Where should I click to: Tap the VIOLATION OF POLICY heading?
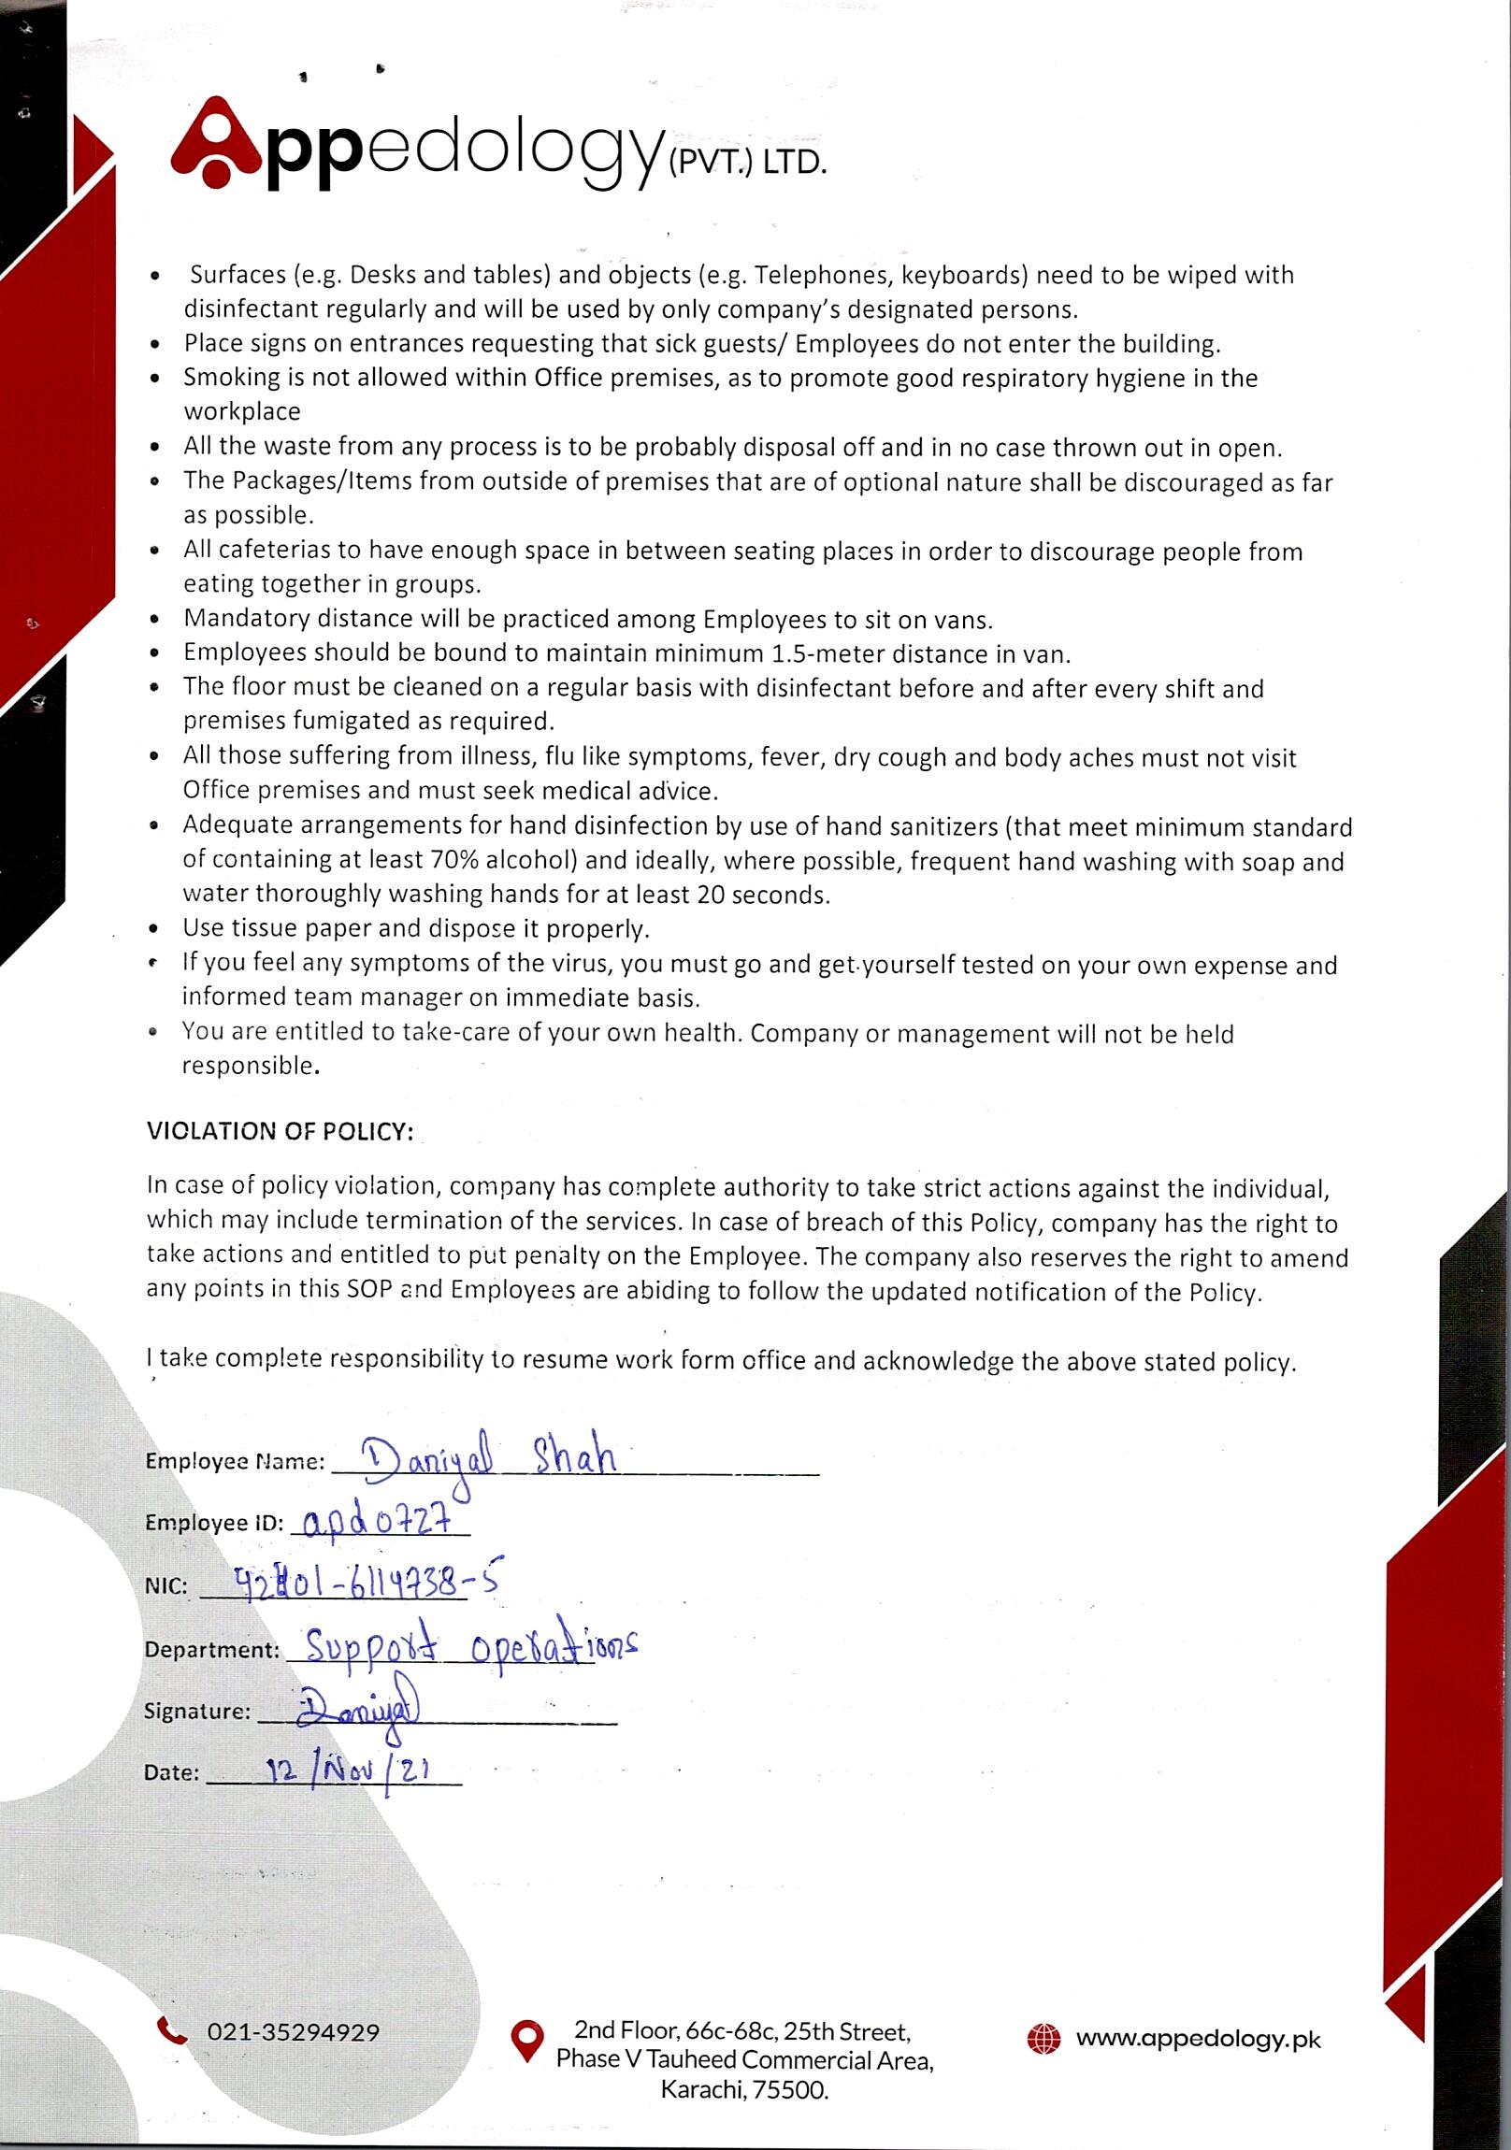click(280, 1131)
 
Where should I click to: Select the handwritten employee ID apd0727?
click(380, 1521)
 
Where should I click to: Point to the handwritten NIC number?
click(367, 1584)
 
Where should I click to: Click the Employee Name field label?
click(234, 1462)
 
